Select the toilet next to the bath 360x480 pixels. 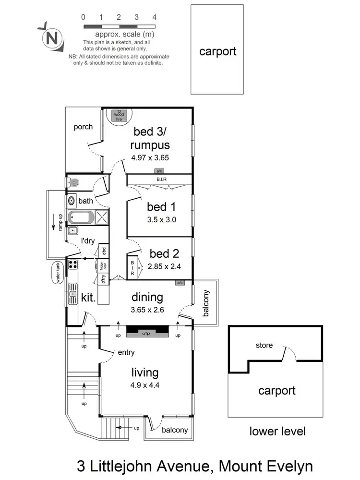point(73,182)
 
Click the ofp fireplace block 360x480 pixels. point(147,332)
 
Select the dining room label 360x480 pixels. point(147,297)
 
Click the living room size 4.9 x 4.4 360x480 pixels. point(147,385)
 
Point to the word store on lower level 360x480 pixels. point(264,345)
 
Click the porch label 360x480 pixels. point(83,127)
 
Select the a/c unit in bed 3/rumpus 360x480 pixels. point(158,171)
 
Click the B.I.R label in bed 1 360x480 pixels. point(161,180)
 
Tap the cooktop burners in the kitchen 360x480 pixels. point(73,264)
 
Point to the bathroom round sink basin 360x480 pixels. point(72,201)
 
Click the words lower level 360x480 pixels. point(277,431)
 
